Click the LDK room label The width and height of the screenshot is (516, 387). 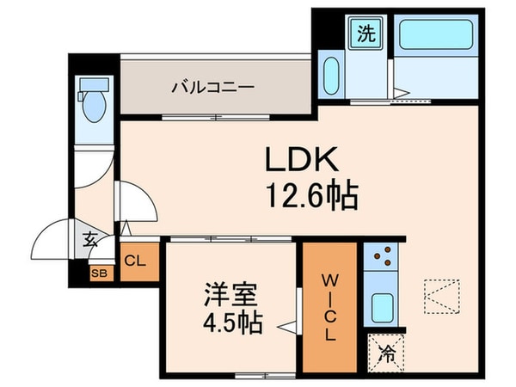pos(291,161)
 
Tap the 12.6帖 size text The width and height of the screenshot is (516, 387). pos(304,198)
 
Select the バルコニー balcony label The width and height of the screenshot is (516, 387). pos(211,87)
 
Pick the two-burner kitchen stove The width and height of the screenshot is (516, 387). pos(379,258)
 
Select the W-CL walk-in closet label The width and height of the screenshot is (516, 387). pos(329,305)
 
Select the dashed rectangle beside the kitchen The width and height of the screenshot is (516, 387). pos(441,296)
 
